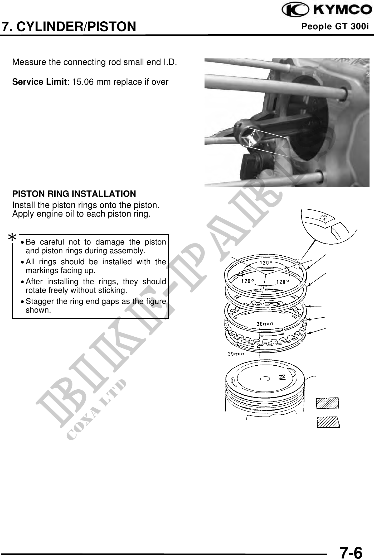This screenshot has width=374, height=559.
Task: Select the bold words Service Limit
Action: click(39, 82)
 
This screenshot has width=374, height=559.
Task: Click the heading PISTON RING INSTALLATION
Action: click(74, 194)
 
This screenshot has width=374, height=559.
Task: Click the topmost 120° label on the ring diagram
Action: click(266, 262)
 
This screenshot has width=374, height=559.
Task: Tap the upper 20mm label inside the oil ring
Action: click(265, 324)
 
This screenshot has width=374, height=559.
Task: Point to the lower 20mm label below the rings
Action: click(236, 354)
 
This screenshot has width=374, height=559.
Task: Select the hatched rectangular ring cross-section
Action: click(327, 403)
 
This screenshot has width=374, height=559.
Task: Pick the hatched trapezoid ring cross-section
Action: click(328, 422)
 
